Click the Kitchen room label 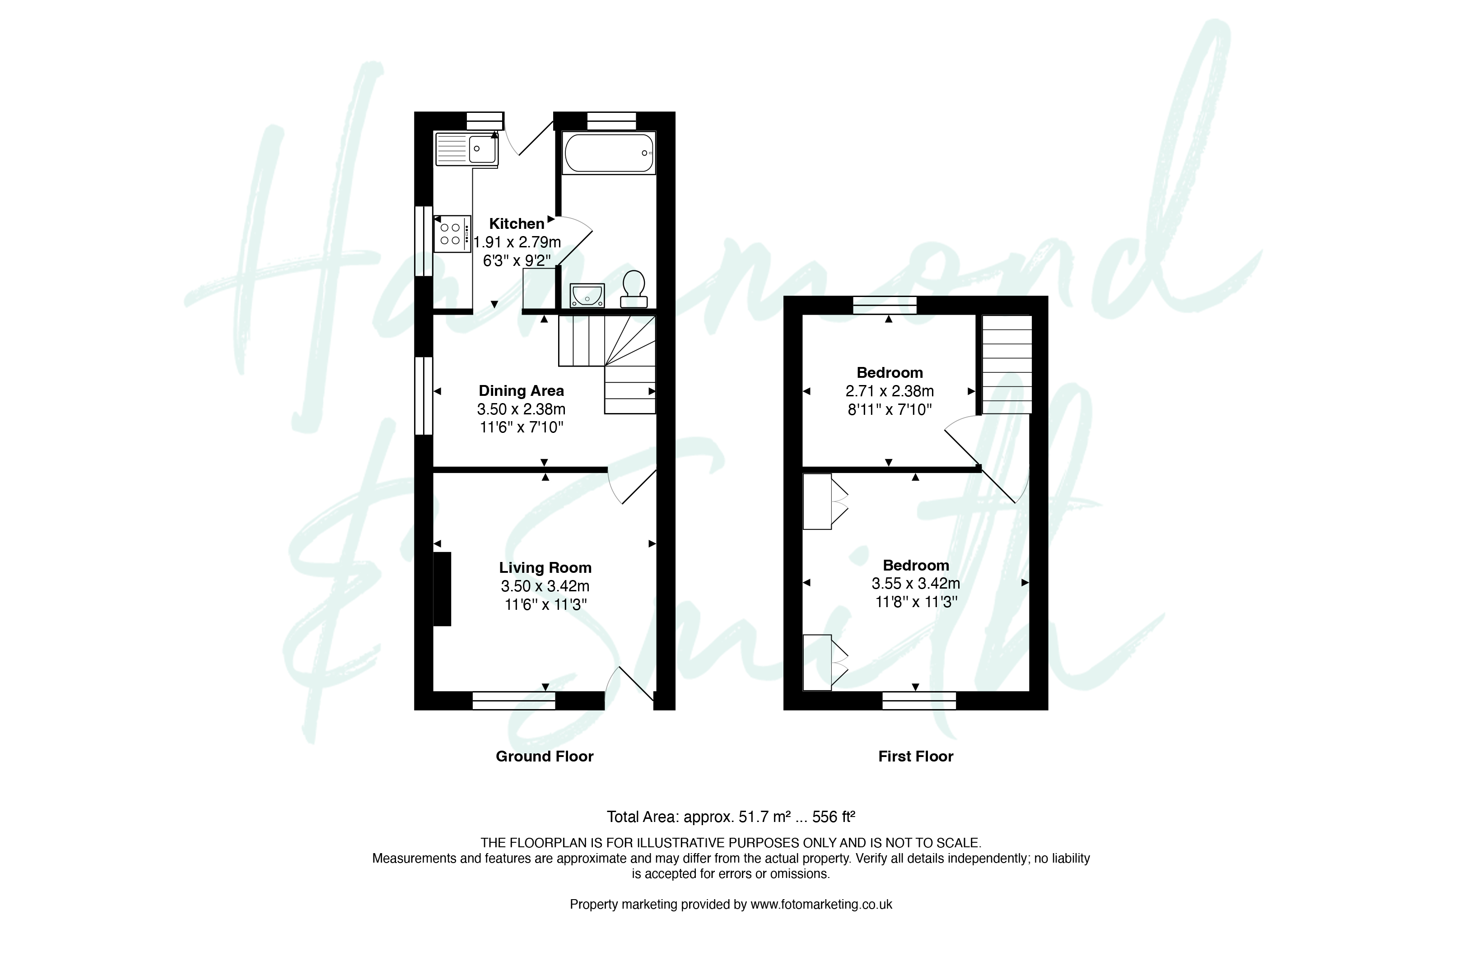coord(516,224)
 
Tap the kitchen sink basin coord(483,149)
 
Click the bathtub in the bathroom coord(609,153)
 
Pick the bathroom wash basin coord(587,295)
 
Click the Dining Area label coord(521,391)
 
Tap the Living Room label coord(545,568)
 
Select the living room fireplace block coord(442,589)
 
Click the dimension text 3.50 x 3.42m coord(545,586)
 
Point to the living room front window coord(514,701)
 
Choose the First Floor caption coord(916,756)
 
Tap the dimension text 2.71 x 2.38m coord(890,391)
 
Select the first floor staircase coord(1007,364)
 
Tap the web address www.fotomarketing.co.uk coord(821,905)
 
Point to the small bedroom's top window coord(885,305)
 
